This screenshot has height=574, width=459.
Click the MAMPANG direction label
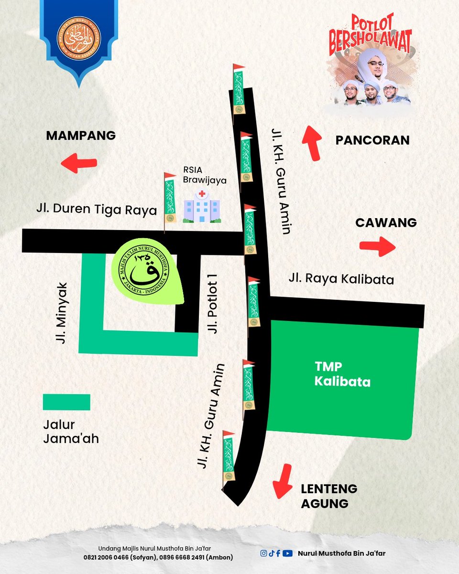click(81, 136)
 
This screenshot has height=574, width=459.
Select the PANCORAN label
click(372, 140)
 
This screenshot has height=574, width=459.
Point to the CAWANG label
click(386, 223)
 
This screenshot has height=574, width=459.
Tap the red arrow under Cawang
click(377, 246)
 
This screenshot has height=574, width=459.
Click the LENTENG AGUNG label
click(329, 496)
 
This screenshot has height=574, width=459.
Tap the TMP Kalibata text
click(342, 375)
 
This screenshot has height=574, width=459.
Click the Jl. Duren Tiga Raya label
click(97, 210)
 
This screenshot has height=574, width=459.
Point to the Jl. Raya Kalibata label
click(341, 279)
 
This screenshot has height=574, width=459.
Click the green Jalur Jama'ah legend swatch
click(66, 402)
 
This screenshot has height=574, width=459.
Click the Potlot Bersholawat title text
click(370, 35)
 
